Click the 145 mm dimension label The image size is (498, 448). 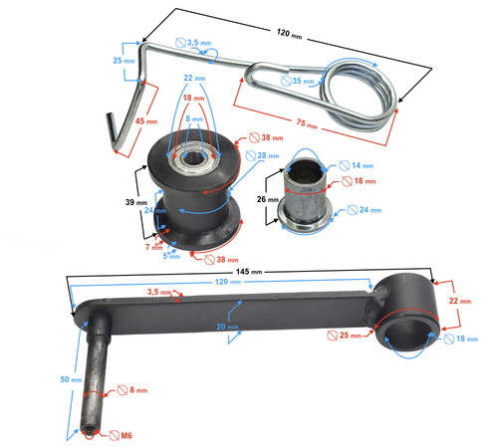[249, 272]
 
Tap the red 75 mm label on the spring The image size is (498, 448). [307, 124]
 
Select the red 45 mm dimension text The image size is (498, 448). [146, 121]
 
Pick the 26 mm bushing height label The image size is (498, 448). [268, 199]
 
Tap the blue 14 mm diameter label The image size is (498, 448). [363, 165]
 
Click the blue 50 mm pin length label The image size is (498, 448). [71, 379]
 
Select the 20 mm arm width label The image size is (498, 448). [227, 327]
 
